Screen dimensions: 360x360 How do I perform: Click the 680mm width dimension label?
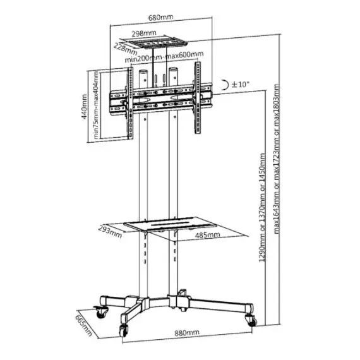click(160, 18)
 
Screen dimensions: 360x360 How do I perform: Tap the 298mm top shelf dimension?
click(144, 33)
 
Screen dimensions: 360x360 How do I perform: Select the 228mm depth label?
click(125, 49)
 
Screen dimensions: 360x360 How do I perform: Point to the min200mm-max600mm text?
click(164, 57)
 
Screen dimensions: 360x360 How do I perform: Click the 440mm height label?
click(84, 106)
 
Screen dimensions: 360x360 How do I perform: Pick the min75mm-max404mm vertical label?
click(96, 104)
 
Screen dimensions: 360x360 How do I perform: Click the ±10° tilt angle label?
click(240, 84)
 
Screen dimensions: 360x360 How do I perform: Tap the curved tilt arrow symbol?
click(226, 85)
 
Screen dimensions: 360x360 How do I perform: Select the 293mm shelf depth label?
click(110, 232)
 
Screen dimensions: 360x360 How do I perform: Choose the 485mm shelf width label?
click(207, 235)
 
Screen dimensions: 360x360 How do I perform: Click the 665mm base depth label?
click(84, 325)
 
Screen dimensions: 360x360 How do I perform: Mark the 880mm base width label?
click(187, 333)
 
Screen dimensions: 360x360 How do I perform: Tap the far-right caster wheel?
click(251, 320)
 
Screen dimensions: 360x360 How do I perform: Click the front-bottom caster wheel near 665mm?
click(123, 330)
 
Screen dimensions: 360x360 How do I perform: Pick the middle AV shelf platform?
click(171, 224)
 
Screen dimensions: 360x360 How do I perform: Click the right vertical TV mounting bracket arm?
click(198, 97)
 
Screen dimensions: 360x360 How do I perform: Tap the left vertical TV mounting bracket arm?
click(129, 104)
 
